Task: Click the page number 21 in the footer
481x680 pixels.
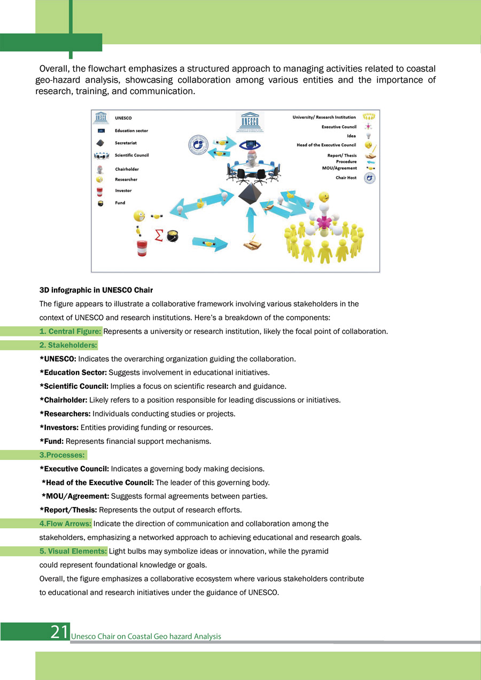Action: click(x=60, y=632)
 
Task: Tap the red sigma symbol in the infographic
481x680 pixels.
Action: click(x=159, y=235)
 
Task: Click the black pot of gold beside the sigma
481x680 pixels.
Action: click(x=172, y=236)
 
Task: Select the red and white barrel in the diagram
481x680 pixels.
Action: click(x=142, y=248)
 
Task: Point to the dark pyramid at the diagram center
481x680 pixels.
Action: click(x=250, y=194)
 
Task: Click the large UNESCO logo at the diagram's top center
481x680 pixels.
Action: click(x=250, y=122)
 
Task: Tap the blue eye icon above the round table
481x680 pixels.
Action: click(x=250, y=145)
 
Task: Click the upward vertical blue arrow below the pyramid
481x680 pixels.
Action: click(x=251, y=219)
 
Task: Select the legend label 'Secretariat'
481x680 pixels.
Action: click(x=126, y=143)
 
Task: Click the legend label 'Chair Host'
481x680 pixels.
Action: click(x=346, y=177)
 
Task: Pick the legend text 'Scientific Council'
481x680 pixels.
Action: click(x=132, y=155)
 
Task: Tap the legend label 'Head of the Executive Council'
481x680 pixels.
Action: click(x=326, y=145)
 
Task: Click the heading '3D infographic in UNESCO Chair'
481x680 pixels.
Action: click(x=96, y=290)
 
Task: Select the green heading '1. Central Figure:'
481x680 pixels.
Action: click(x=70, y=331)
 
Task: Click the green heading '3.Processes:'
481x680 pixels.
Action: click(x=62, y=455)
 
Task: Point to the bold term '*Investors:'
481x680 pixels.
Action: click(x=59, y=427)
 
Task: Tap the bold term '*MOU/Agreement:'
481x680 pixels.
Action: click(x=75, y=496)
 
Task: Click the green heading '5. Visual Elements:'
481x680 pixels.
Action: click(x=73, y=551)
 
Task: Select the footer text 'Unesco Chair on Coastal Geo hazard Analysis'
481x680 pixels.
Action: click(x=146, y=636)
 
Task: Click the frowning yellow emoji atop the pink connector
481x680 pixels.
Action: click(x=324, y=197)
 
